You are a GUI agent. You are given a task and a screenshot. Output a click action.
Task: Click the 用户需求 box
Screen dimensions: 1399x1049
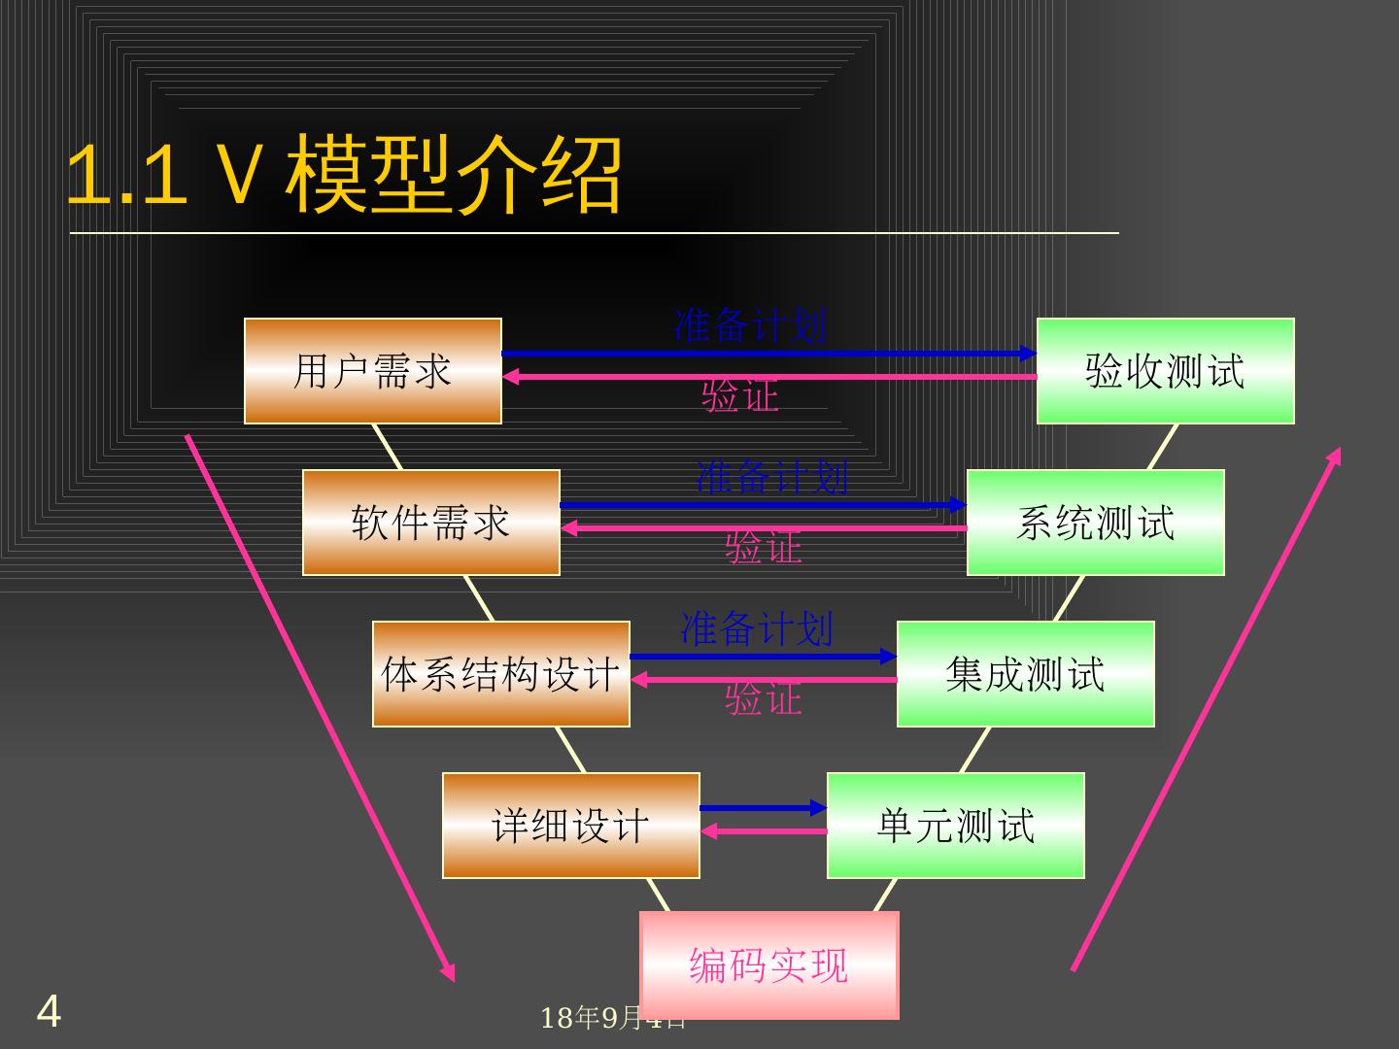point(373,371)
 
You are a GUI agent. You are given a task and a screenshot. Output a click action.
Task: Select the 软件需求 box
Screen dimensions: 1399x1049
point(431,523)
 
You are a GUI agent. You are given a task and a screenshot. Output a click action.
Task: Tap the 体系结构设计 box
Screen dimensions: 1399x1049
point(501,674)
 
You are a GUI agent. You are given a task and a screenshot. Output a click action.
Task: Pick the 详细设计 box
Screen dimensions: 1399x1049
point(571,826)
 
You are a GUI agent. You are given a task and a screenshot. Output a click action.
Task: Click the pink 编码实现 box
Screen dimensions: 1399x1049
point(769,965)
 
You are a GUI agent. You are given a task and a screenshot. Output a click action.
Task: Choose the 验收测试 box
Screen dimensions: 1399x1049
point(1165,371)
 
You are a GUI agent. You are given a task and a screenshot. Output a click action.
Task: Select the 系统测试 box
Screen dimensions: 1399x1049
point(1095,523)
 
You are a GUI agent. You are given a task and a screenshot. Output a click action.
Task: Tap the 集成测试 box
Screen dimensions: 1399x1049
point(1025,674)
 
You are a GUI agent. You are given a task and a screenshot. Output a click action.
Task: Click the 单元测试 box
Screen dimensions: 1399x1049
point(955,826)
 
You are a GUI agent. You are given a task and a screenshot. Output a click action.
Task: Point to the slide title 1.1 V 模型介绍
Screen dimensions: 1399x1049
point(345,176)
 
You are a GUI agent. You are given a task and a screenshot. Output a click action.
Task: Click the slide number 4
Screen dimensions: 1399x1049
point(49,1011)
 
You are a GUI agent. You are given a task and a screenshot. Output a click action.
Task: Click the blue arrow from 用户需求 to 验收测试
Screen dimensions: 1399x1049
point(768,354)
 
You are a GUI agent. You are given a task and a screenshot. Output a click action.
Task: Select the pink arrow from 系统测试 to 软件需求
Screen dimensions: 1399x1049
point(764,528)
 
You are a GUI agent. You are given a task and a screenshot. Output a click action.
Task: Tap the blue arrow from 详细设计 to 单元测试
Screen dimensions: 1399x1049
point(763,808)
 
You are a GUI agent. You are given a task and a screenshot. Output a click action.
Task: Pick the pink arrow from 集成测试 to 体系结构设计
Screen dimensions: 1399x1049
point(764,680)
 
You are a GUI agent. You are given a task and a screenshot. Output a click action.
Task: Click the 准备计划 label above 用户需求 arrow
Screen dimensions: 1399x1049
point(751,325)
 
